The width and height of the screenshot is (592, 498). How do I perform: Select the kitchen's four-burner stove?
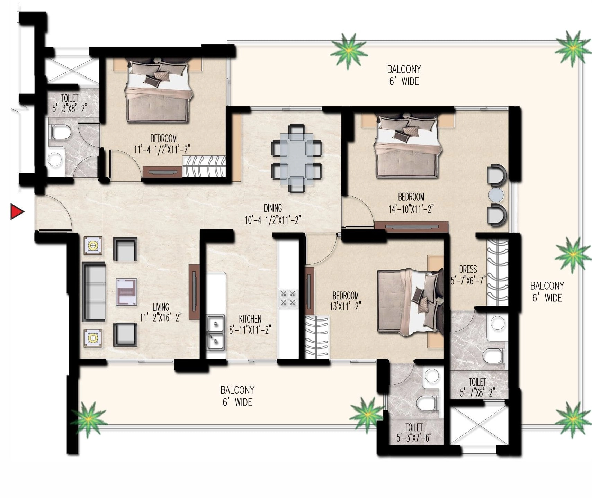(288, 298)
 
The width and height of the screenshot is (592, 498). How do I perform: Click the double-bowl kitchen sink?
(215, 332)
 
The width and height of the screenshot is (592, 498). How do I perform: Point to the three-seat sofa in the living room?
(93, 292)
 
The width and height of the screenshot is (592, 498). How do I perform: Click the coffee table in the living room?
(126, 292)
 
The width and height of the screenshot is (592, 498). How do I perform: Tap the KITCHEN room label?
(250, 319)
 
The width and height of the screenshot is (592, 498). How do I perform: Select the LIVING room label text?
(161, 307)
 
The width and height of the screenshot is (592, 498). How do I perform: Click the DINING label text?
(273, 208)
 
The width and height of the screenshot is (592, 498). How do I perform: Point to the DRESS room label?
(468, 269)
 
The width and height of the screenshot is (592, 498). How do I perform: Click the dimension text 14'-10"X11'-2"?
(411, 209)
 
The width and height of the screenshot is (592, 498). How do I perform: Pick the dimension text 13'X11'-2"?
(345, 306)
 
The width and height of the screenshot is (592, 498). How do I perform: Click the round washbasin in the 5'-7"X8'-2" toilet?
(497, 323)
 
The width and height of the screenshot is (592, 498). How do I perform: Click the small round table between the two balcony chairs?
(496, 195)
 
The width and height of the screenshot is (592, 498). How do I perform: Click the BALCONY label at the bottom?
(237, 390)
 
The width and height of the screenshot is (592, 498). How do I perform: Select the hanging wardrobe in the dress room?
(497, 272)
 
